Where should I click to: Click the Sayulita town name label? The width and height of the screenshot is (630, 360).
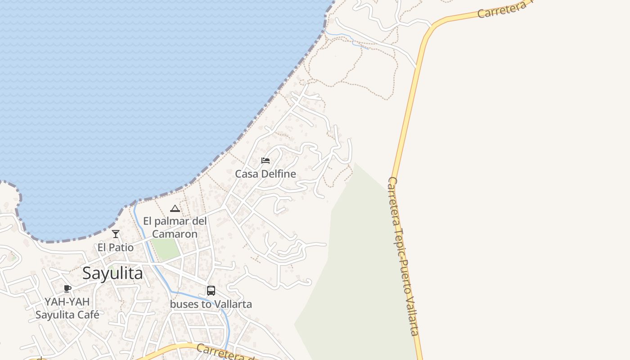112,273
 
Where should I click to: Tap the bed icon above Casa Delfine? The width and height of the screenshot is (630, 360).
265,161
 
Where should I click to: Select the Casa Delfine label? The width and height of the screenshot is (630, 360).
265,174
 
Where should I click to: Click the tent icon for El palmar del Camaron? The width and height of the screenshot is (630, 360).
175,208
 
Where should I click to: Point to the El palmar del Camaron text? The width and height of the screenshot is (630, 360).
175,227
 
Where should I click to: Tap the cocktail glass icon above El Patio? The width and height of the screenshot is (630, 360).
116,234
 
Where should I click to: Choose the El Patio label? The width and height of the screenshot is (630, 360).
116,247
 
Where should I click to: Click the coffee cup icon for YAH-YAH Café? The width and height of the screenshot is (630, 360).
67,288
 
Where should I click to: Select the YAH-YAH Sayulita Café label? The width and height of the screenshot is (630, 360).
67,308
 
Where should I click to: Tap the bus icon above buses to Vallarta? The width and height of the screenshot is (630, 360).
211,291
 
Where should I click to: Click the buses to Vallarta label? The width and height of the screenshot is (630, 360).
211,304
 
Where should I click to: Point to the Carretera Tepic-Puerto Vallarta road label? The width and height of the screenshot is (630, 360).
404,256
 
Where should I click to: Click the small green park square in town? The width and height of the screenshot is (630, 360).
166,249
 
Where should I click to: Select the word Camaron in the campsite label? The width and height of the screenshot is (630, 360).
175,234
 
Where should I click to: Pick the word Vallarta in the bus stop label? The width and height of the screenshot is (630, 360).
233,304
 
